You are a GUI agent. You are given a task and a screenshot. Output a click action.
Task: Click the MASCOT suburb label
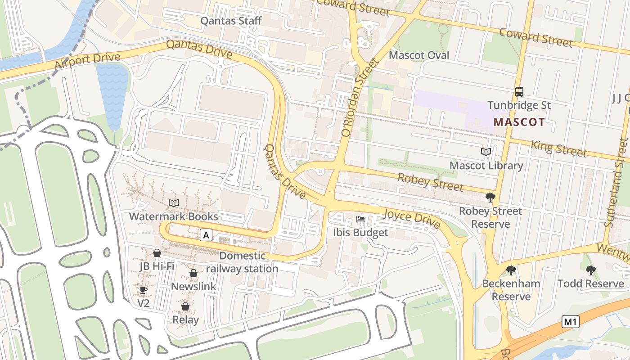pos(519,122)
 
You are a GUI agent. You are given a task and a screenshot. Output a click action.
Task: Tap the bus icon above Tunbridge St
pos(519,92)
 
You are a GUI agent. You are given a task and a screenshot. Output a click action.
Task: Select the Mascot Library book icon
pos(486,152)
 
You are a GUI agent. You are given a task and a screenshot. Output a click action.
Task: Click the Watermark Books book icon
pos(174,203)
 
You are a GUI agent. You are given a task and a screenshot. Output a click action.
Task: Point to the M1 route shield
pos(570,322)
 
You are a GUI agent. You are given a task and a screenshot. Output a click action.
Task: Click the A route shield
pos(206,235)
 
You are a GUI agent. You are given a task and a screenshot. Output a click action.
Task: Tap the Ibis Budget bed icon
pos(360,219)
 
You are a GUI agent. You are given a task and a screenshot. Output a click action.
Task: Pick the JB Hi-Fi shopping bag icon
pos(157,253)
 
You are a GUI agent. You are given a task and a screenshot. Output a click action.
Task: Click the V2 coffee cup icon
pos(143,290)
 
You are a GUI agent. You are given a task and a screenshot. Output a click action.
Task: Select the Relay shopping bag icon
pos(185,306)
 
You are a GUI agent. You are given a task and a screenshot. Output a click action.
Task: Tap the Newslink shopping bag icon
pos(193,273)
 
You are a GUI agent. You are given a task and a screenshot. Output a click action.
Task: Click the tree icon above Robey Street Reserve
pos(490,198)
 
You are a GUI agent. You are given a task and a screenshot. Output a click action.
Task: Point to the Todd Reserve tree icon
pos(590,270)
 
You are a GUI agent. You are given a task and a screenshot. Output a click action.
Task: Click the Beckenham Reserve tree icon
pos(511,270)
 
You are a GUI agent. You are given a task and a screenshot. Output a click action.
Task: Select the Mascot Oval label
pos(419,55)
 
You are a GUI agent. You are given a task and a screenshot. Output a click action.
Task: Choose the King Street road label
pos(559,148)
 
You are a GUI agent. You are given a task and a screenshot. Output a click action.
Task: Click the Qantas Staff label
pos(231,21)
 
